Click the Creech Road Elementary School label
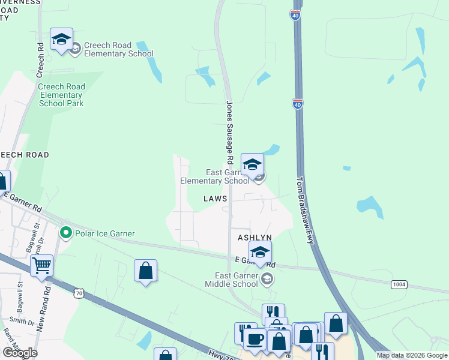119,49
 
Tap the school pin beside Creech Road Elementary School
61,40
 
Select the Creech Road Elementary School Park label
61,95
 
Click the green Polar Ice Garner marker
67,233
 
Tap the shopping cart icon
41,266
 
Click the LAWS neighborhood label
215,198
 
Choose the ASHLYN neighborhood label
255,238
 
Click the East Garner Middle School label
232,280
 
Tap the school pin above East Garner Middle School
260,253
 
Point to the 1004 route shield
399,284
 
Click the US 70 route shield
78,293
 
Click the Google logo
20,352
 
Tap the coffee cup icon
255,339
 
